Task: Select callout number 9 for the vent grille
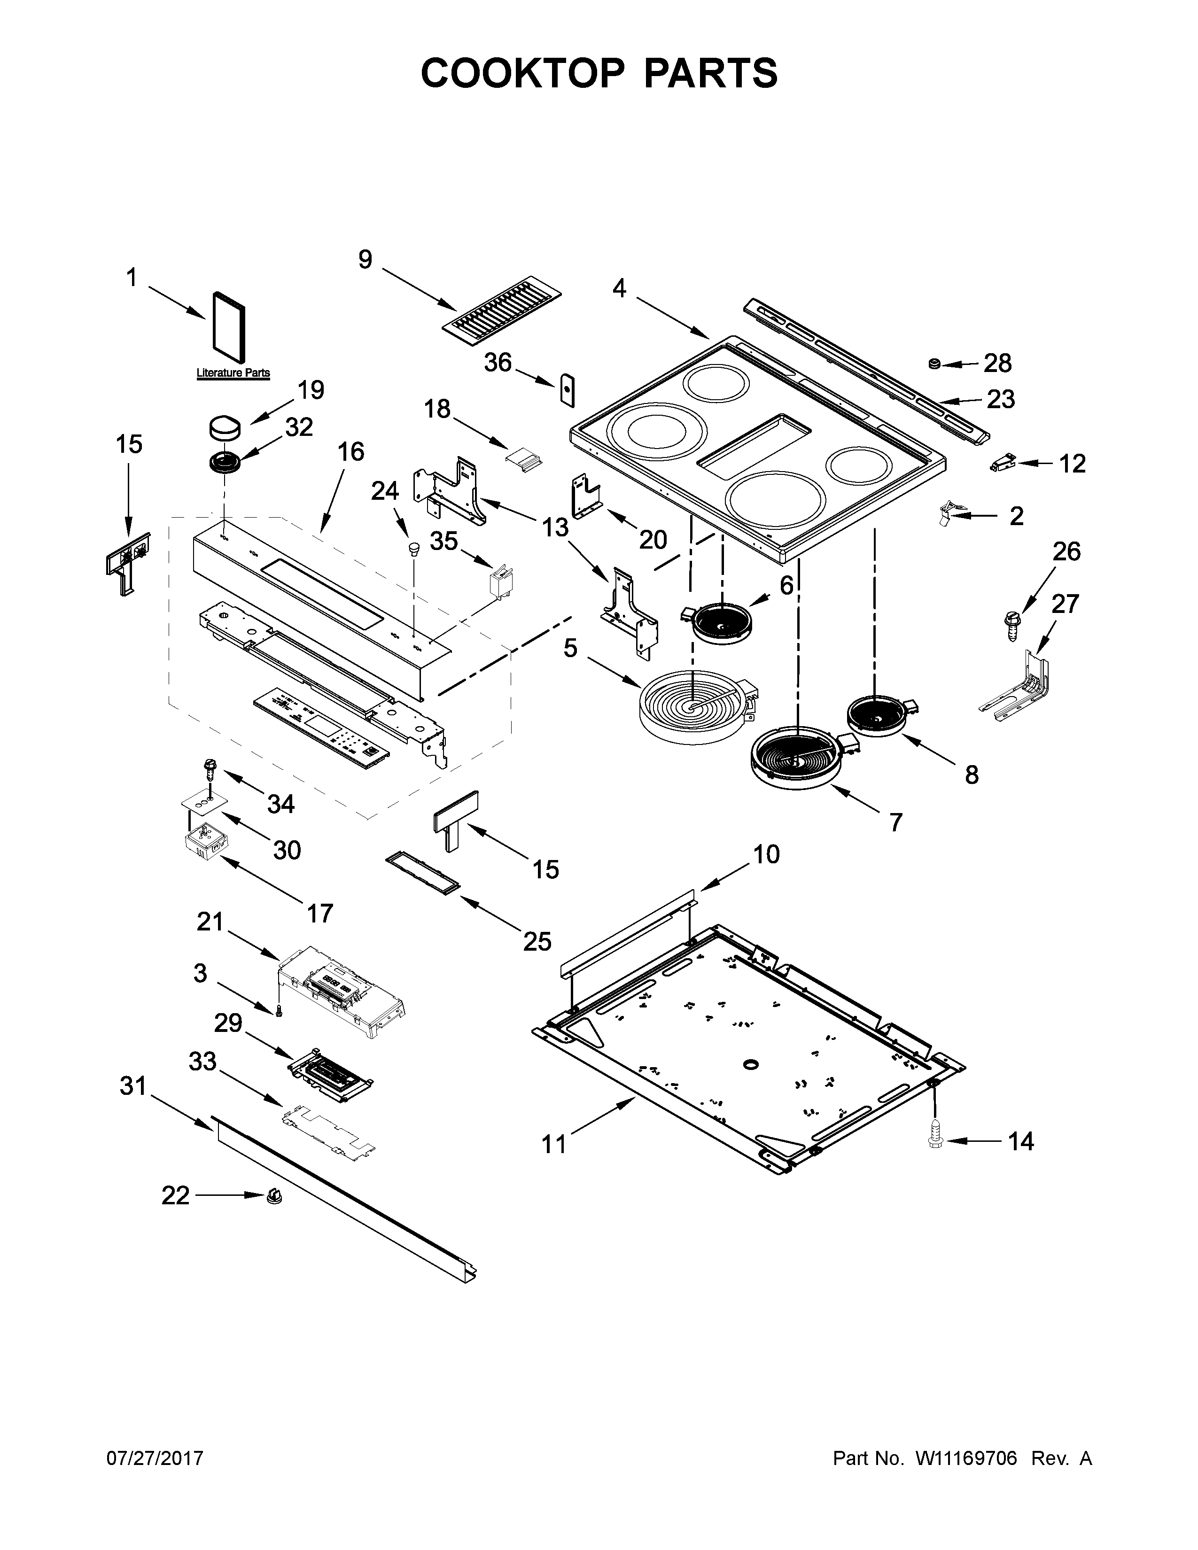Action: pos(365,260)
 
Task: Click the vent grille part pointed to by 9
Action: pos(502,304)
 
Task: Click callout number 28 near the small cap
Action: pos(997,364)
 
